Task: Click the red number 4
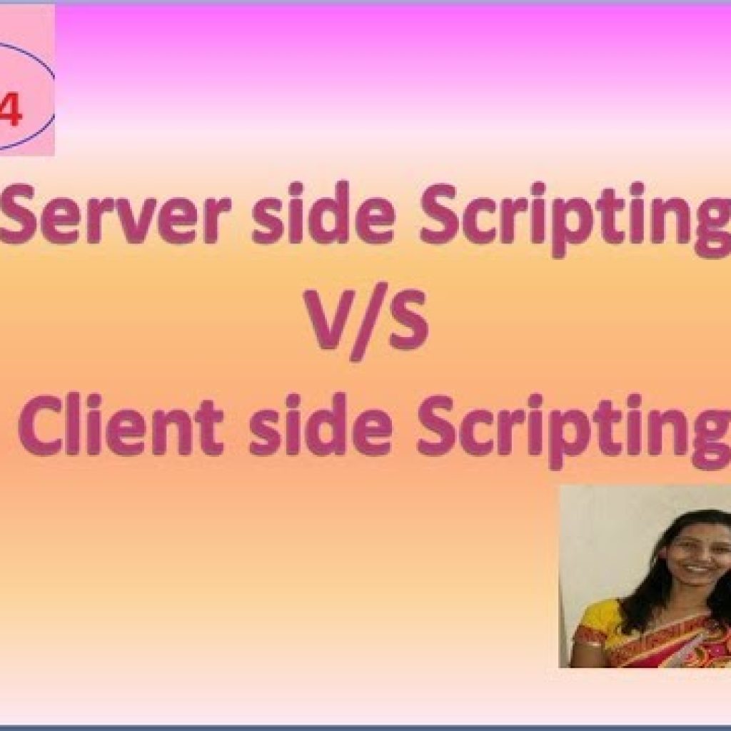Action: [10, 112]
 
